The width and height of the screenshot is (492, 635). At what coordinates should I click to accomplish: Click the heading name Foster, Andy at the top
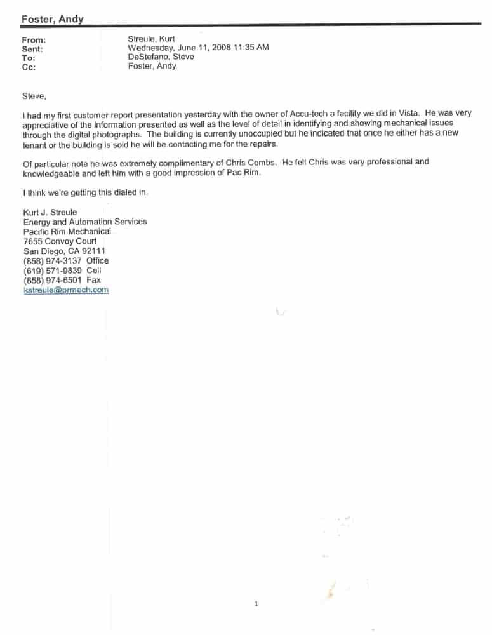point(52,20)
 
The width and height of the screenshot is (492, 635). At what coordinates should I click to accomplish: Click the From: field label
point(34,40)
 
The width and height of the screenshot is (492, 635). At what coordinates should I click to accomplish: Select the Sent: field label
point(32,49)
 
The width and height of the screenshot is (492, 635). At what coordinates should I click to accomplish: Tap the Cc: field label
point(29,67)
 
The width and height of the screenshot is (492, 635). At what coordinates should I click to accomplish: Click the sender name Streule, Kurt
point(151,39)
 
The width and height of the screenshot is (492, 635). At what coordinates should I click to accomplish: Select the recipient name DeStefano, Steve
point(161,57)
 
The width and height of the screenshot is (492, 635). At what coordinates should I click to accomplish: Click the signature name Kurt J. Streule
point(50,212)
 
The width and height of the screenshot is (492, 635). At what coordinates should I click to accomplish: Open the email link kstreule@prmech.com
point(65,290)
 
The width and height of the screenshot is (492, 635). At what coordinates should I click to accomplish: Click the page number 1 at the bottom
point(256,604)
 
